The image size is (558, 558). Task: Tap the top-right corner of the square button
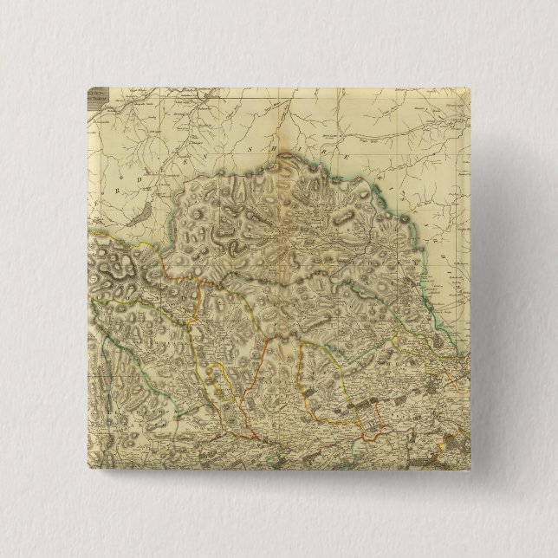(469, 87)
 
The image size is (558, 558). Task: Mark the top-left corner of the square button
(88, 87)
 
